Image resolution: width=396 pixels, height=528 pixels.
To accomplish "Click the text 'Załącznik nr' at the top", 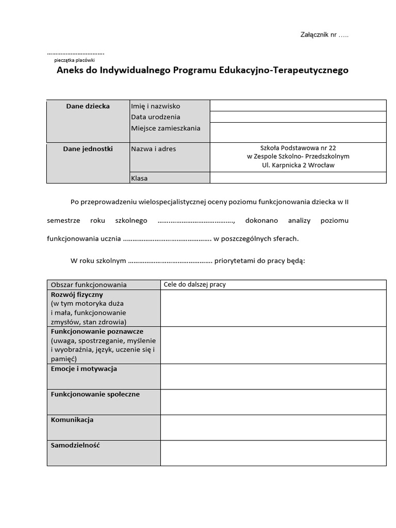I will pos(318,35).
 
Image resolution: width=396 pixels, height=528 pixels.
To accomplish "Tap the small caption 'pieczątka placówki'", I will pos(74,60).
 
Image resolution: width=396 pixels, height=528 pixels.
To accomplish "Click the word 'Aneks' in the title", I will pos(70,70).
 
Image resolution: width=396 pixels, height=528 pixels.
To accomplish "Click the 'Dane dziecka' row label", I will pos(88,106).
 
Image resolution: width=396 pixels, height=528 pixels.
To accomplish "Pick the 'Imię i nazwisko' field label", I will pos(156,106).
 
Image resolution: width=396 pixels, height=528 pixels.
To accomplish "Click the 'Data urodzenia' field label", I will pos(156,117).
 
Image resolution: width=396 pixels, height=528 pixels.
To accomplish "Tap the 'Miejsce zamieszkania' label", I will pos(166,128).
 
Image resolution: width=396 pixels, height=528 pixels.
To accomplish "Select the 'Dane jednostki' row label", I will pos(88,149).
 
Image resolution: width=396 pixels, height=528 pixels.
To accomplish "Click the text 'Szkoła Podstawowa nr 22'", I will pos(298,147).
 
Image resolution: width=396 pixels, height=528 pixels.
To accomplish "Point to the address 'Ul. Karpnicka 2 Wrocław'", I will pos(298,166).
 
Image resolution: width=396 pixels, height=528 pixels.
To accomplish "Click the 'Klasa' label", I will pos(139,178).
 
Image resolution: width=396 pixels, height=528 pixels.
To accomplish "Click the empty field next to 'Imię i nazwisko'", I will pos(298,106).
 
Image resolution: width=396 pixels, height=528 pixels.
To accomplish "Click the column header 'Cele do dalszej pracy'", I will pos(194,285).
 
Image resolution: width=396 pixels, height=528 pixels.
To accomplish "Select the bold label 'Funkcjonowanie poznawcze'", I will pos(97,332).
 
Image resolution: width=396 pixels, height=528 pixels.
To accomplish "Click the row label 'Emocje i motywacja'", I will pos(84,369).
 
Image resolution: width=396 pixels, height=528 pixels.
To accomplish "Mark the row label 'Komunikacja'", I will pos(72,420).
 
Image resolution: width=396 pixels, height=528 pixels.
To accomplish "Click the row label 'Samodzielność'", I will pos(75,445).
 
